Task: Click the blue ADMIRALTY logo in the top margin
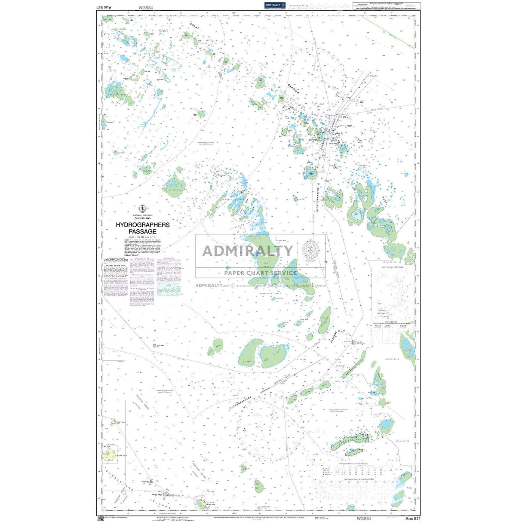(276, 5)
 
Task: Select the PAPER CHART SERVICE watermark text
(260, 273)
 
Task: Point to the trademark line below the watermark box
(260, 286)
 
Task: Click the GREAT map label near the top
(196, 28)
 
